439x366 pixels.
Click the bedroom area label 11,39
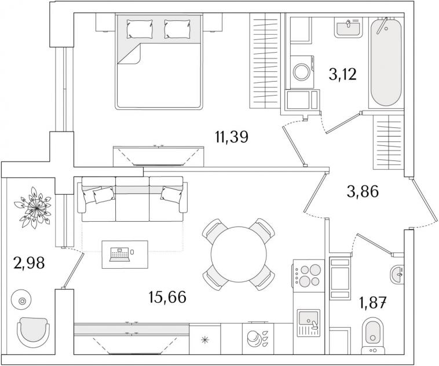232,137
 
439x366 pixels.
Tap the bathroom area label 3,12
342,75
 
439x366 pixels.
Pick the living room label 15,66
168,297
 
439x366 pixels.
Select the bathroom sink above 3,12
349,27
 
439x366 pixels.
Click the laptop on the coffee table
120,254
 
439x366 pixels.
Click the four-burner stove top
307,274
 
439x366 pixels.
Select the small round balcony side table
22,300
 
